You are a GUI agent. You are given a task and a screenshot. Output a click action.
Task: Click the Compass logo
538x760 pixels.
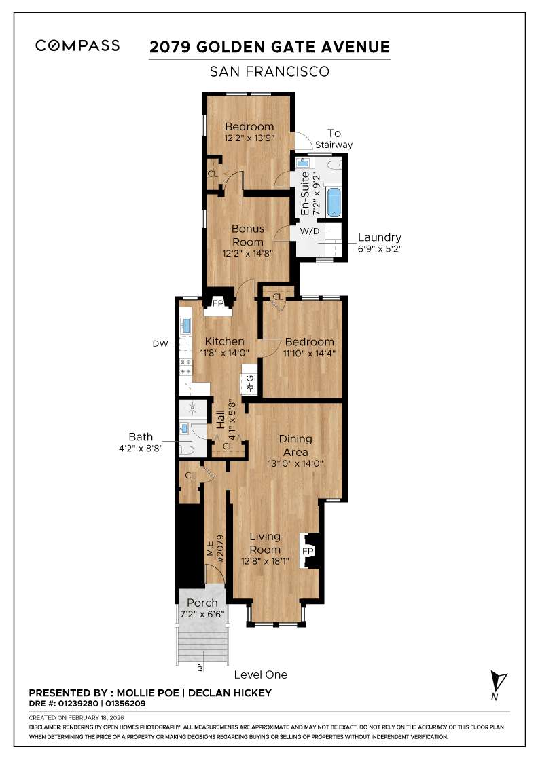click(77, 46)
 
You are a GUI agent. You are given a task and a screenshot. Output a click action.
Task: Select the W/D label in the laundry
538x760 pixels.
click(309, 231)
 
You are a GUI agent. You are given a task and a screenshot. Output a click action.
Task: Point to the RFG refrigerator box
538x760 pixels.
click(250, 384)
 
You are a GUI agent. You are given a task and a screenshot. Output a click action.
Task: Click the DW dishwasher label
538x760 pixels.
click(160, 344)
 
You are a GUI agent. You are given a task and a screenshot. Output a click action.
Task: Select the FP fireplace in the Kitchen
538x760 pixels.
click(219, 303)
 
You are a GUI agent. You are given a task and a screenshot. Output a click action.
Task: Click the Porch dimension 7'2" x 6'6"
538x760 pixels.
click(202, 614)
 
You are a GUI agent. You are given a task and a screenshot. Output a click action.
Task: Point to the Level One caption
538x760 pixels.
click(260, 674)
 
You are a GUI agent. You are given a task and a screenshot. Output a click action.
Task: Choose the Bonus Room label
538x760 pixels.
click(248, 235)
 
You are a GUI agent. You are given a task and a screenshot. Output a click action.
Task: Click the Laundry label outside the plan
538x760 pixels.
click(379, 237)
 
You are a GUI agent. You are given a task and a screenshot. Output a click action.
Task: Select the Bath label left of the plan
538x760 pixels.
click(141, 436)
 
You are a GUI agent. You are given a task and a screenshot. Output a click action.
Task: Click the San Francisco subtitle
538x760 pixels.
click(269, 71)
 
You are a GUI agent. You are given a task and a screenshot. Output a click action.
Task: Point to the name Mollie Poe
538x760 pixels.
click(148, 693)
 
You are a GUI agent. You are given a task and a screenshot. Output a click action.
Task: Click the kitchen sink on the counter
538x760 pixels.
click(184, 326)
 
